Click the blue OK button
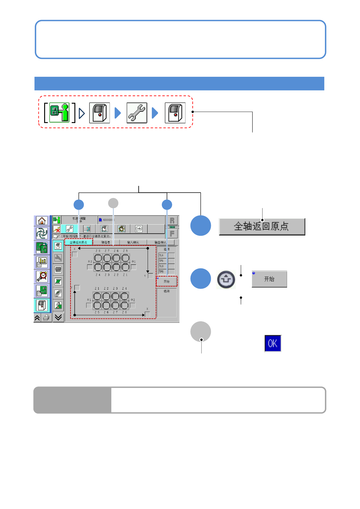(x=273, y=343)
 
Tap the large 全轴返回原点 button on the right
(x=262, y=226)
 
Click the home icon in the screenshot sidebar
(x=42, y=221)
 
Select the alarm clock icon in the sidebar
(x=42, y=276)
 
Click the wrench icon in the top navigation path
(x=137, y=113)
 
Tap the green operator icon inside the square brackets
(x=59, y=112)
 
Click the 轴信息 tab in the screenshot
(x=106, y=242)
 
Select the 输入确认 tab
(x=133, y=242)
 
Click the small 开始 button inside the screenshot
(x=167, y=282)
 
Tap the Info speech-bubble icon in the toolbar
(x=139, y=229)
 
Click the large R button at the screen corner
(x=172, y=221)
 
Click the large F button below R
(x=172, y=234)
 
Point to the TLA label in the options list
(x=161, y=255)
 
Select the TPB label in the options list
(x=161, y=272)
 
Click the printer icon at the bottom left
(x=46, y=318)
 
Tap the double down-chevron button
(x=58, y=317)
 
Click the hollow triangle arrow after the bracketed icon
(x=82, y=113)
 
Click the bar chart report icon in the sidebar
(x=42, y=262)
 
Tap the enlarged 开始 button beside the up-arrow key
(x=269, y=279)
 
